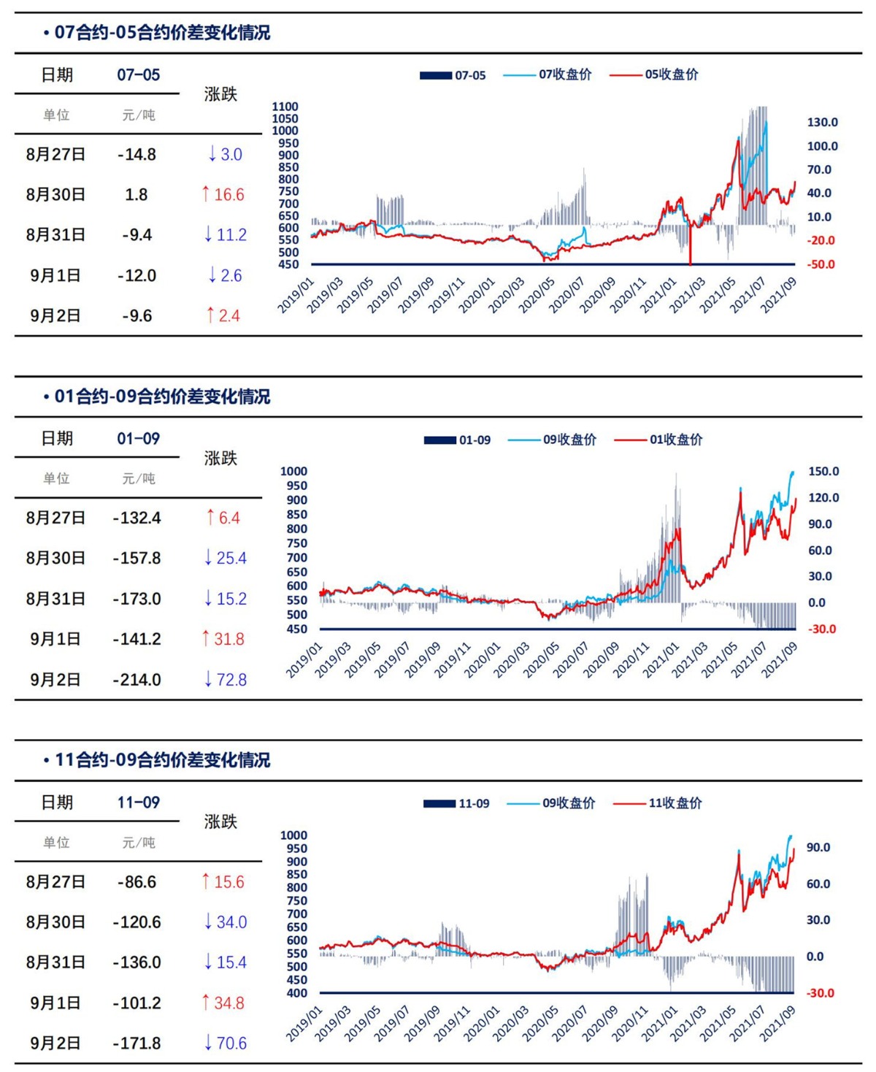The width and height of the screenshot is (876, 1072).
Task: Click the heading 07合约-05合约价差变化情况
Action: click(x=161, y=33)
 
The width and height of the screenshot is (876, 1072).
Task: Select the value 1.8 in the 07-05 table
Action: click(x=137, y=195)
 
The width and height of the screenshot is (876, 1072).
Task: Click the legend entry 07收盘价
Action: click(x=564, y=74)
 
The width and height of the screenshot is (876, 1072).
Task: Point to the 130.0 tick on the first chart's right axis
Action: click(x=822, y=123)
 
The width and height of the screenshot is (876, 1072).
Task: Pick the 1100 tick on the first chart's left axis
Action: click(x=285, y=107)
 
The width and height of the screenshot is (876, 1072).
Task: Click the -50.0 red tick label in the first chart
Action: click(x=821, y=264)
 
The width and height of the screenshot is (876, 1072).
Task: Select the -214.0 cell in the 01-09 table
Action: click(x=137, y=680)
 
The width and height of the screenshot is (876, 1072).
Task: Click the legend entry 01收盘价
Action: click(x=675, y=440)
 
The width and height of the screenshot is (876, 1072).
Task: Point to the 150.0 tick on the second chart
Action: click(x=823, y=472)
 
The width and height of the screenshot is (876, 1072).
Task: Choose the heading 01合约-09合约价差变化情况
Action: click(x=161, y=397)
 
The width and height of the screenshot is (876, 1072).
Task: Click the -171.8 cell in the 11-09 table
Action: click(x=137, y=1044)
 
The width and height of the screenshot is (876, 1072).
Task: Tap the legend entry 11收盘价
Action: click(x=675, y=803)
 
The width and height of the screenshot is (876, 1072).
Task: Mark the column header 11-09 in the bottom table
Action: click(x=139, y=803)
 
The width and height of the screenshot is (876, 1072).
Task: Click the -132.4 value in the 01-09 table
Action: click(x=137, y=518)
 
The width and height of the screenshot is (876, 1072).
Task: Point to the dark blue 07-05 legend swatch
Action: click(x=435, y=75)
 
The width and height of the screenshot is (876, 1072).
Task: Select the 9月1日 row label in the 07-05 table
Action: click(x=55, y=276)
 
